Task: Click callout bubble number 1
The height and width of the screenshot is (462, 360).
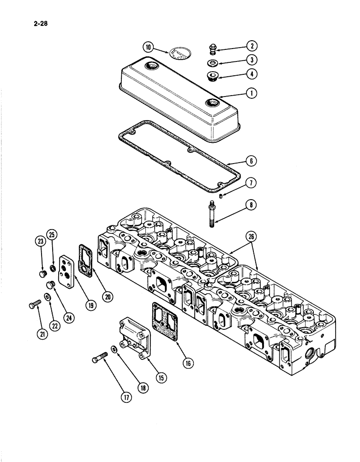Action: pos(252,93)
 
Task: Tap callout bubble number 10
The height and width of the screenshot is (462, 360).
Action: pos(148,47)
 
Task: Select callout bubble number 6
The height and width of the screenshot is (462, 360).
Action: pos(252,161)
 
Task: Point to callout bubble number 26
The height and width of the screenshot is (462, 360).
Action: pos(252,237)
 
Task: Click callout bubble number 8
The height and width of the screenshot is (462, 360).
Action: pos(252,205)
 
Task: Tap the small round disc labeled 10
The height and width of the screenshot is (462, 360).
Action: pos(179,53)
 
